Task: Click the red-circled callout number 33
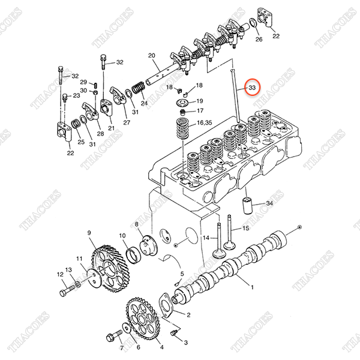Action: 252,88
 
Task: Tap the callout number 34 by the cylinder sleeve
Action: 269,205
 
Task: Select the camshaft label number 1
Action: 252,287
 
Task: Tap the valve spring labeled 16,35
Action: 181,128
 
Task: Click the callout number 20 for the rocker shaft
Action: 152,56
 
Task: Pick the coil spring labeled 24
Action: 137,91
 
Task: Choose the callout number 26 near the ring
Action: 259,40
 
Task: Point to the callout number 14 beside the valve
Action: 206,238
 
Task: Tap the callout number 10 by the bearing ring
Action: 122,235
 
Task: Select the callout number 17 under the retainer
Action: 200,111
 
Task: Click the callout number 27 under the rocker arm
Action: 127,123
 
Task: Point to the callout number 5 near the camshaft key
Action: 183,274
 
